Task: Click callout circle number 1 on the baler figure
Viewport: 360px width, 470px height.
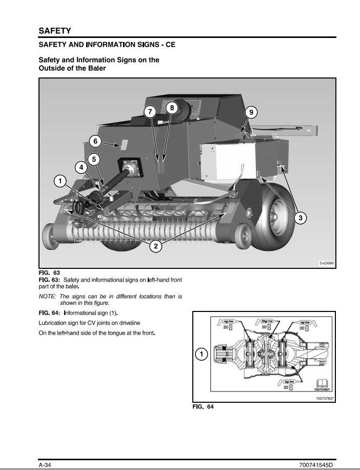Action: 60,181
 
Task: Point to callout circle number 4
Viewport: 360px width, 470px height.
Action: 81,167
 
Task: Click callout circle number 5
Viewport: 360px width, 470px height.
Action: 94,159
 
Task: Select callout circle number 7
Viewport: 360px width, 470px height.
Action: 150,112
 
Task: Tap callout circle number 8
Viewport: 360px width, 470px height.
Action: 172,108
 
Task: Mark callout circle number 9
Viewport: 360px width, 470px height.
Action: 250,112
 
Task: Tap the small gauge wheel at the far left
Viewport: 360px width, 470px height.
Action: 50,235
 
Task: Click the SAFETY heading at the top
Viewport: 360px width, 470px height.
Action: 55,31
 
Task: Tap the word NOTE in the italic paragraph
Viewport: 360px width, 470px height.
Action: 48,297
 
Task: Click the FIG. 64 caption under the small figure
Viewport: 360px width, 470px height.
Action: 203,407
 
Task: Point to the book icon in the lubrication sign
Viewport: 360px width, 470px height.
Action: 322,383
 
